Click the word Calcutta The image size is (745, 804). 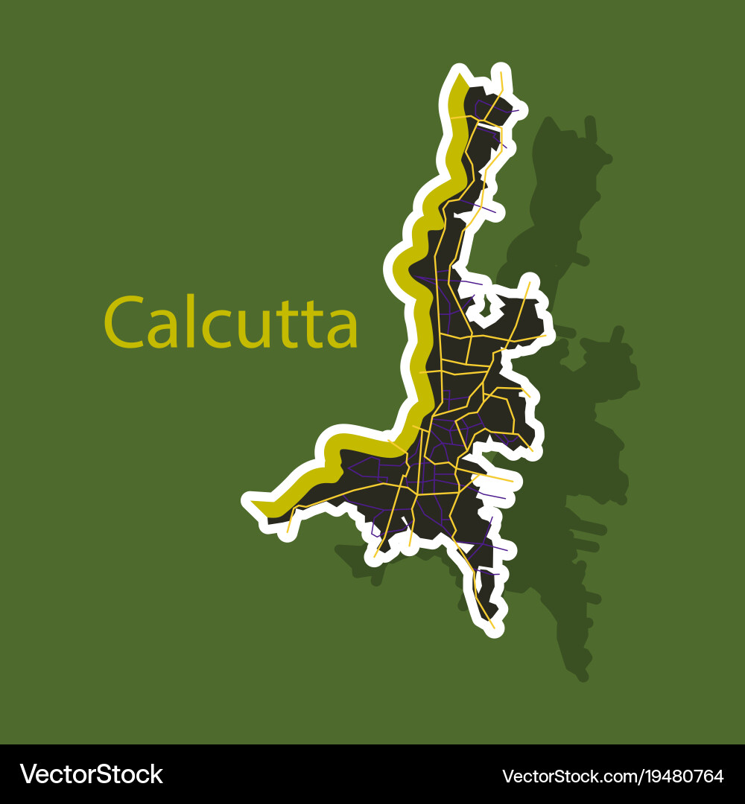point(231,322)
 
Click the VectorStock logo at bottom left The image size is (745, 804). point(91,774)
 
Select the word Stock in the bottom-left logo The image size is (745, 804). point(130,774)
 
